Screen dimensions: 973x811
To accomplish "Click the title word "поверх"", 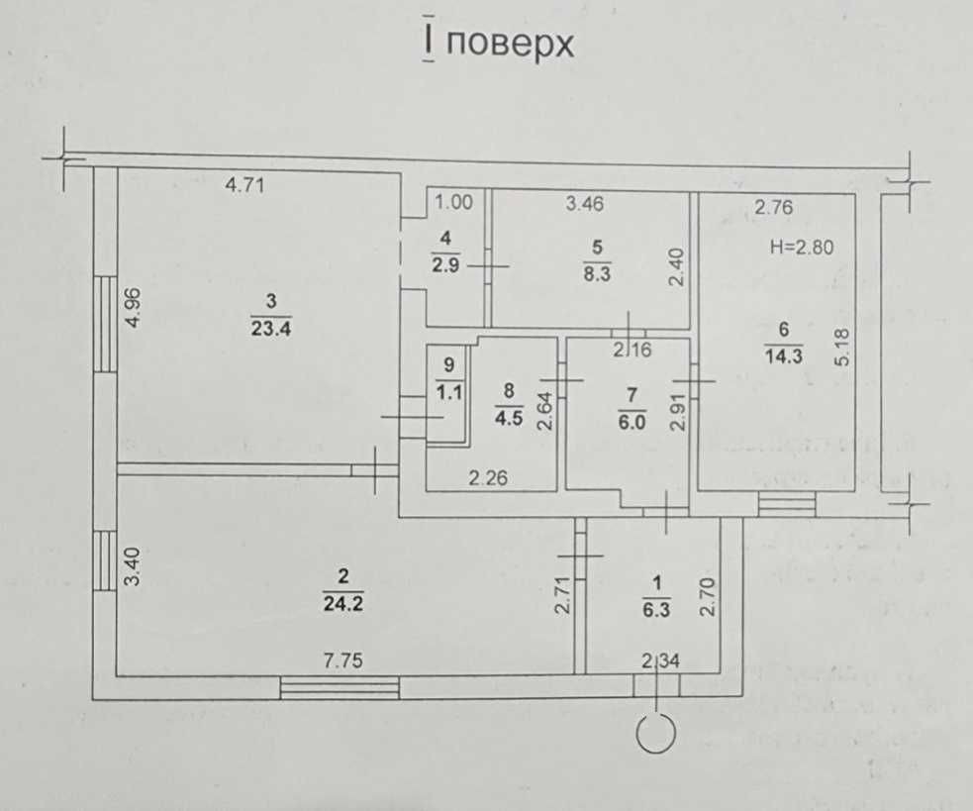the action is tap(510, 45).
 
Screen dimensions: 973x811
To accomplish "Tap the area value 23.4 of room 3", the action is tap(271, 328).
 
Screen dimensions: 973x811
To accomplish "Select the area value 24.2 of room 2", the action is tap(343, 603).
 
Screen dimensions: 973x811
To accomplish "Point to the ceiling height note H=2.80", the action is tap(801, 248).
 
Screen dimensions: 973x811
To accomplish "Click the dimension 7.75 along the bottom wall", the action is tap(343, 660).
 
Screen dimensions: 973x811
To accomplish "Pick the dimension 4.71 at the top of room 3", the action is tap(244, 185).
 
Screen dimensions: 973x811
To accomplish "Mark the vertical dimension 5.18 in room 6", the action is tap(842, 348).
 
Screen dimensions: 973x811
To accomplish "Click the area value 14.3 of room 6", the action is tap(784, 356).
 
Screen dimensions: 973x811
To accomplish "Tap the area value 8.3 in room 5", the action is tap(597, 273).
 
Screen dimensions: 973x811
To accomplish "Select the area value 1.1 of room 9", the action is tap(449, 392).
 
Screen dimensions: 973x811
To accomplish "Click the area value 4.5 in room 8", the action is tap(509, 417).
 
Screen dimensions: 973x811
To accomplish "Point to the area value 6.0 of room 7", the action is tap(632, 422).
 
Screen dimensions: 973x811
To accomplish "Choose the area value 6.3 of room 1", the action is tap(656, 610).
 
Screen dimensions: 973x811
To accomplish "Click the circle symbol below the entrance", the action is tap(656, 734).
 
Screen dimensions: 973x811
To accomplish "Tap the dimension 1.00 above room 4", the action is tap(453, 202).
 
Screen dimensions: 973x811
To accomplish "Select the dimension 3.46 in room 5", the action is tap(585, 204).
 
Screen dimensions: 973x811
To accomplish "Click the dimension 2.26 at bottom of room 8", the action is tap(488, 477).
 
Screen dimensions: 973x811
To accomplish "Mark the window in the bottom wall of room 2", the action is tap(340, 688).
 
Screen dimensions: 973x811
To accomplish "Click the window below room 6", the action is tap(787, 504).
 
